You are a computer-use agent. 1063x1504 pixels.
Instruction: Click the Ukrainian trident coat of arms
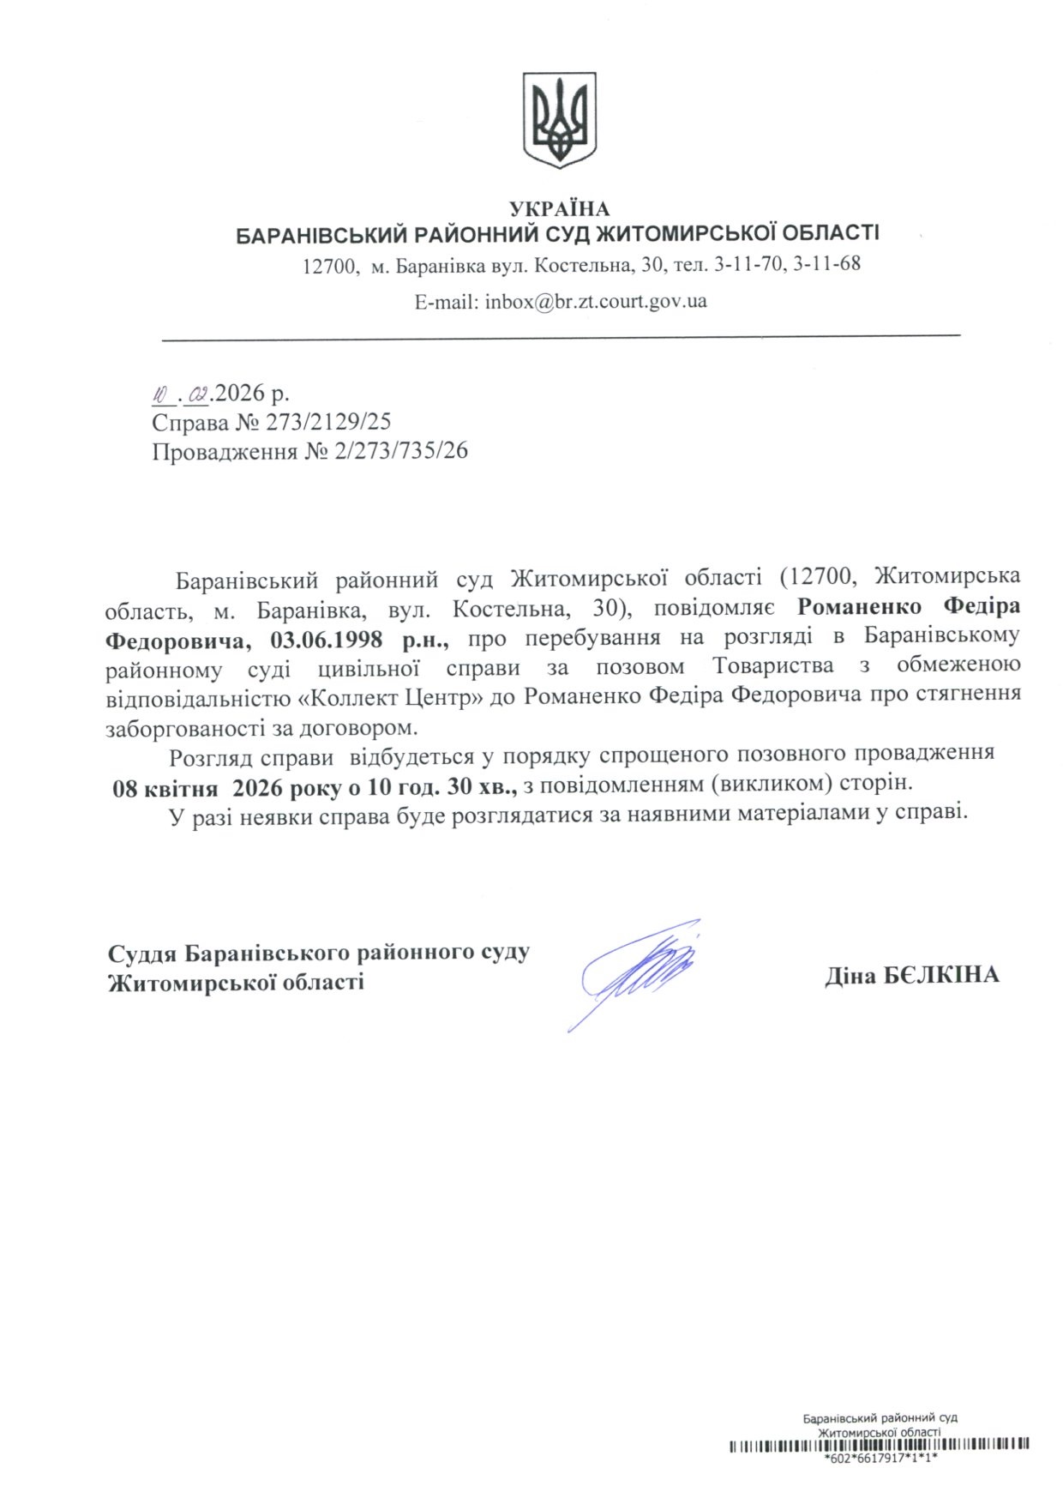559,119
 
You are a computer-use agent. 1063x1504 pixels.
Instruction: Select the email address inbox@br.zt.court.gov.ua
596,302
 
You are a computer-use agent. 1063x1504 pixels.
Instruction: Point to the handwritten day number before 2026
162,395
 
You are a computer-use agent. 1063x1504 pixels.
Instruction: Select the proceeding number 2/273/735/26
403,451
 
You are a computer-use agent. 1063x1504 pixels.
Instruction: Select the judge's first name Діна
850,975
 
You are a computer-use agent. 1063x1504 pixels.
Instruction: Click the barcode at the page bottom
879,1446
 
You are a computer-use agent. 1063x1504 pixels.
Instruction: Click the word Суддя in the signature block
142,952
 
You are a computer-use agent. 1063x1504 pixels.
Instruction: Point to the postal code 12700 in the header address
330,266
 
